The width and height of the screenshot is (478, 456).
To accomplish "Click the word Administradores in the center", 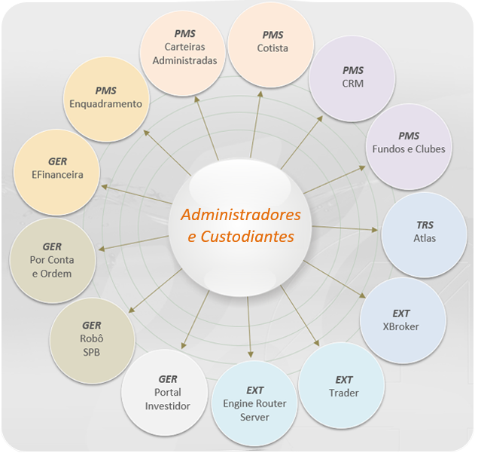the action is pyautogui.click(x=241, y=215).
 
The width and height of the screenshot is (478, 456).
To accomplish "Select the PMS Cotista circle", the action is pyautogui.click(x=271, y=45).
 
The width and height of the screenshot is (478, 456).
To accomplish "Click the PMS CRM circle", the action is pyautogui.click(x=352, y=78).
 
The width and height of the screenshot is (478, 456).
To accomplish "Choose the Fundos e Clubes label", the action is pyautogui.click(x=409, y=149).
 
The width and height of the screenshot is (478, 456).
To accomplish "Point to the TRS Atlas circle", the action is pyautogui.click(x=424, y=235).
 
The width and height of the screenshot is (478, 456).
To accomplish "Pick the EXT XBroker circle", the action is pyautogui.click(x=403, y=320).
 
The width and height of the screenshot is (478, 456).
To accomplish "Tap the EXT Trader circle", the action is pyautogui.click(x=342, y=385).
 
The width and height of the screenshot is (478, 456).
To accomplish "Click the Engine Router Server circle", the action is pyautogui.click(x=254, y=403).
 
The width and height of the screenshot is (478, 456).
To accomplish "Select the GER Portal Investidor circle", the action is pyautogui.click(x=165, y=393).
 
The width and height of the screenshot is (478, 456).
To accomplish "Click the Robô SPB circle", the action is pyautogui.click(x=92, y=341).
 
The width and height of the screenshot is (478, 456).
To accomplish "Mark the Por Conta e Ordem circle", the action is pyautogui.click(x=53, y=260).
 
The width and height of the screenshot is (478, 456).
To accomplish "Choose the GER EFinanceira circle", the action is pyautogui.click(x=56, y=173).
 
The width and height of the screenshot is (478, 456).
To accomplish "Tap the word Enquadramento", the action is pyautogui.click(x=106, y=104).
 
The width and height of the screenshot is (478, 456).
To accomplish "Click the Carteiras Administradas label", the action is pyautogui.click(x=184, y=54).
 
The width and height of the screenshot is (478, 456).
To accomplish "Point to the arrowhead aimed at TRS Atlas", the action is pyautogui.click(x=375, y=230).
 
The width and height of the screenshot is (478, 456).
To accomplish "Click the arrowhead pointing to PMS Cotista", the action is pyautogui.click(x=260, y=94).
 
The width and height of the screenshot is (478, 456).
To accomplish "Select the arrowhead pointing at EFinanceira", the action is pyautogui.click(x=105, y=186).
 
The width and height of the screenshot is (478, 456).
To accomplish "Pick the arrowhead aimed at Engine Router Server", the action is pyautogui.click(x=250, y=354).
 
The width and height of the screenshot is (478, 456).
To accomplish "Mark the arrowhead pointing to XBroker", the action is pyautogui.click(x=363, y=295).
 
